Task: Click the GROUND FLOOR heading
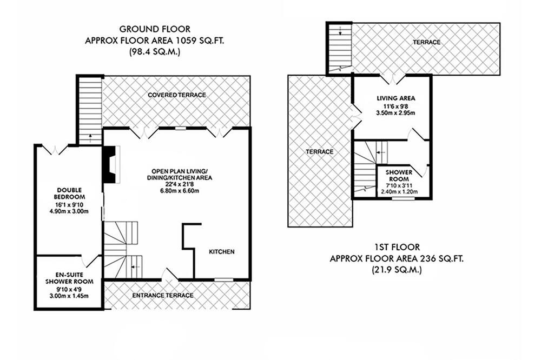pyautogui.click(x=155, y=29)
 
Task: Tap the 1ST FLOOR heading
pyautogui.click(x=397, y=247)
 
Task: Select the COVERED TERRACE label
pyautogui.click(x=177, y=95)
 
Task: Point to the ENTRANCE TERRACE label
pyautogui.click(x=163, y=296)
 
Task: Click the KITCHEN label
pyautogui.click(x=222, y=252)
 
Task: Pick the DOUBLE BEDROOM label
pyautogui.click(x=69, y=194)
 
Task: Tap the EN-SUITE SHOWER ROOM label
pyautogui.click(x=69, y=278)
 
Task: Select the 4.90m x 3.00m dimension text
pyautogui.click(x=69, y=211)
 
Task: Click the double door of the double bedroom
pyautogui.click(x=55, y=150)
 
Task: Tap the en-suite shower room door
pyautogui.click(x=91, y=261)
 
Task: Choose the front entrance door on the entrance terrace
pyautogui.click(x=169, y=274)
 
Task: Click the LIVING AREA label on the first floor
pyautogui.click(x=396, y=98)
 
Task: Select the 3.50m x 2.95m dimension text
pyautogui.click(x=396, y=113)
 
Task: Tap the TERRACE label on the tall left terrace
pyautogui.click(x=320, y=152)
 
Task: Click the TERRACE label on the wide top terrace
pyautogui.click(x=427, y=42)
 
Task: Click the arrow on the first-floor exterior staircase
pyautogui.click(x=340, y=31)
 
